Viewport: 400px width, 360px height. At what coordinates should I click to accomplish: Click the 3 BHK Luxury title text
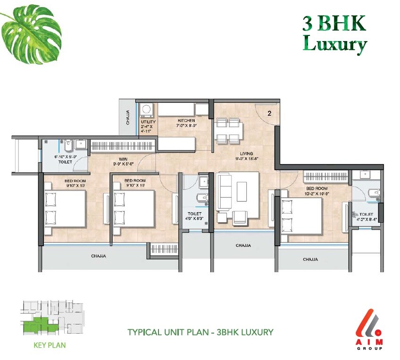pyautogui.click(x=334, y=33)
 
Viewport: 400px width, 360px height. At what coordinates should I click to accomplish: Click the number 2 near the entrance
pyautogui.click(x=269, y=113)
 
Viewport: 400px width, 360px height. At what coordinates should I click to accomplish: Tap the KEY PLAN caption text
pyautogui.click(x=50, y=345)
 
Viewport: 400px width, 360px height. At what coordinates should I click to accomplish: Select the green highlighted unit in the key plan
pyautogui.click(x=35, y=326)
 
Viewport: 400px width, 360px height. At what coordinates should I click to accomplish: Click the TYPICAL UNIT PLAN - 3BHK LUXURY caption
pyautogui.click(x=200, y=332)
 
